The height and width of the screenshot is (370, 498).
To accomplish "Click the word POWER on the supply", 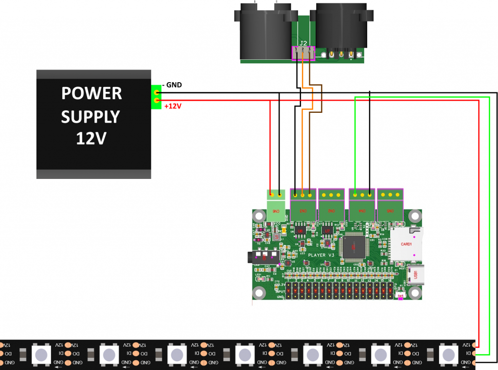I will (x=91, y=93).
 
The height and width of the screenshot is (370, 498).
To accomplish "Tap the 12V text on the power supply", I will (x=91, y=140).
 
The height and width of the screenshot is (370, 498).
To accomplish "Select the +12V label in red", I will (x=173, y=106).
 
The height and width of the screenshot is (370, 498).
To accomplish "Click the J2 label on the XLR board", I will (x=303, y=42).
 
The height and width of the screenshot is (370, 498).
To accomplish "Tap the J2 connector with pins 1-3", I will (x=303, y=53).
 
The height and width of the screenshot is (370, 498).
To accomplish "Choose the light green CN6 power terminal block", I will (x=276, y=204).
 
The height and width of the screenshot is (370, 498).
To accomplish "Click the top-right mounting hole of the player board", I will (x=414, y=215).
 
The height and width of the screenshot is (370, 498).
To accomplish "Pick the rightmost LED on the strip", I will (x=449, y=353).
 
